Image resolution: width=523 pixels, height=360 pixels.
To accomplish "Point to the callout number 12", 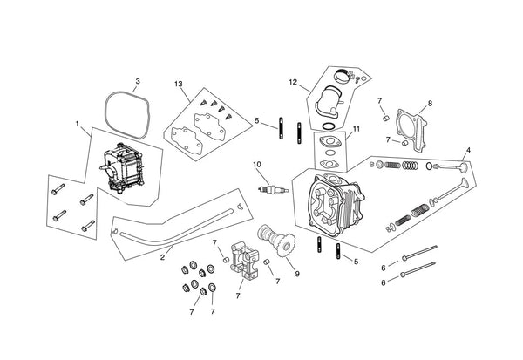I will coord(294,83).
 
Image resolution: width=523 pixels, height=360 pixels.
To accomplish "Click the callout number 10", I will coord(257,164).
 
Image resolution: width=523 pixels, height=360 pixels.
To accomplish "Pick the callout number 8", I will coord(430,104).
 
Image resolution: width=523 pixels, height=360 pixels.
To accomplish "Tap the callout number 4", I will coord(468,150).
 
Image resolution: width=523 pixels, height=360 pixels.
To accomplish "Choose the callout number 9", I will coord(298,274).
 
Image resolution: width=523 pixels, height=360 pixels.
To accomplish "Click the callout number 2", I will coord(162,258).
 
